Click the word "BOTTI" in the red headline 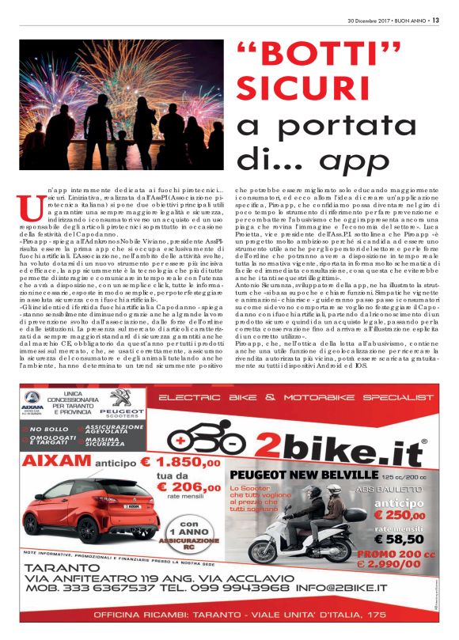(x=310, y=57)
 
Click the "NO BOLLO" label (x=48, y=429)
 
